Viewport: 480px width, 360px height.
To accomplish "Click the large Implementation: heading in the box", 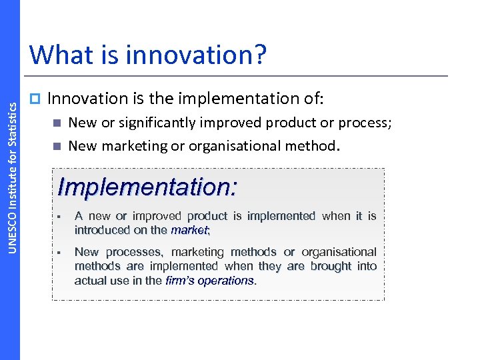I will tap(147, 187).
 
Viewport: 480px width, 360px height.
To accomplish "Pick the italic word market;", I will tap(190, 230).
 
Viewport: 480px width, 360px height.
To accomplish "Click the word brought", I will tap(330, 266).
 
